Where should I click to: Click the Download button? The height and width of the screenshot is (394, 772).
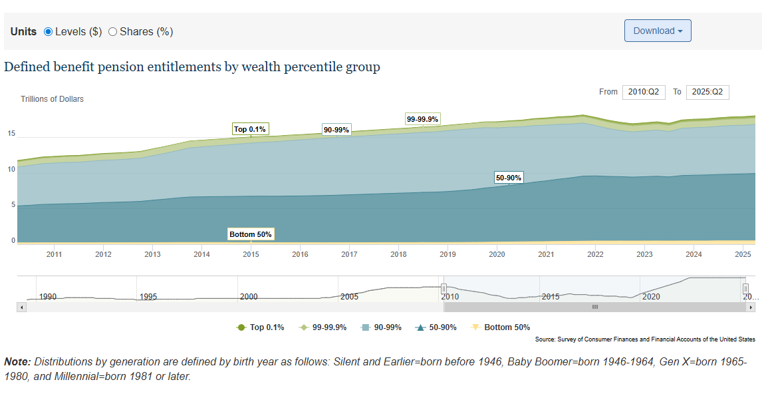(x=657, y=31)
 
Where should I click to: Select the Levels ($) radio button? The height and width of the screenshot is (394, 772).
(x=48, y=31)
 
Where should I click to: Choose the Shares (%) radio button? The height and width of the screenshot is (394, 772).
(x=112, y=31)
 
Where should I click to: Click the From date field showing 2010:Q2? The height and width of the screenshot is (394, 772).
(x=644, y=92)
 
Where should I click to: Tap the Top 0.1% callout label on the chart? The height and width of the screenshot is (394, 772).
(x=251, y=129)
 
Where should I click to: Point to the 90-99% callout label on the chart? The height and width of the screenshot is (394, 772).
(x=336, y=130)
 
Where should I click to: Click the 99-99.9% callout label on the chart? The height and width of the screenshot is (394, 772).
(x=422, y=119)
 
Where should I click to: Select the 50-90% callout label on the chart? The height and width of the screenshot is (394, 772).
(x=509, y=178)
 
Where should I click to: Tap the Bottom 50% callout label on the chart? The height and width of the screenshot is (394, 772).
(x=251, y=234)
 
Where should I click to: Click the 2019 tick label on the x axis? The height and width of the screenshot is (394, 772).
(x=448, y=254)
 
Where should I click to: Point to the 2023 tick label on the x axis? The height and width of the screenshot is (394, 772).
(x=644, y=254)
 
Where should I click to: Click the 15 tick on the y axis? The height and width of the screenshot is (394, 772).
(x=11, y=134)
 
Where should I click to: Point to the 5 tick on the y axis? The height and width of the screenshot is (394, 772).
(x=13, y=205)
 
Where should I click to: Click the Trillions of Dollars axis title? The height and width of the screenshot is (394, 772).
(x=52, y=99)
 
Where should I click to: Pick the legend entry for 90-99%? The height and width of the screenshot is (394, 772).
(x=384, y=327)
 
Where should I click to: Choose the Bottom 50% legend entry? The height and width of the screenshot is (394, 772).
(x=501, y=327)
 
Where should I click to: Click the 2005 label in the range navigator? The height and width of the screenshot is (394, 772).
(x=349, y=297)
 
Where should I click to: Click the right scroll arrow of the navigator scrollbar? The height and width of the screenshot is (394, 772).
(x=751, y=307)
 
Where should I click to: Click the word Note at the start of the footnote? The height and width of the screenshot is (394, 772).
(x=17, y=362)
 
